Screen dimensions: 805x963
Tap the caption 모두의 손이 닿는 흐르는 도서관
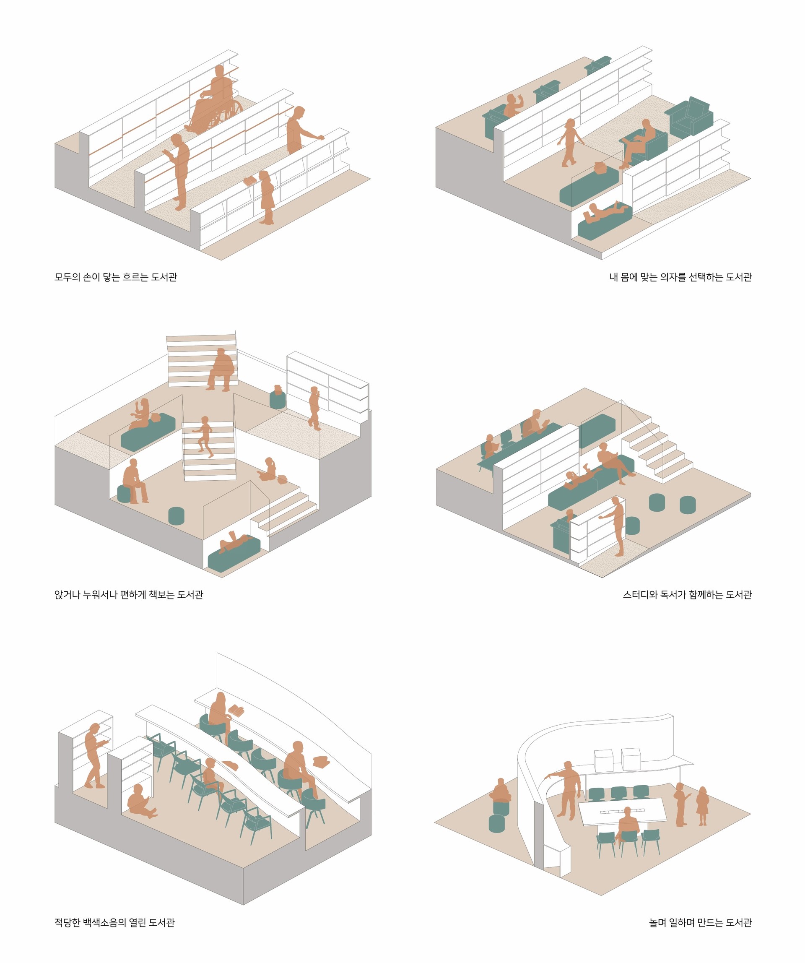(x=116, y=277)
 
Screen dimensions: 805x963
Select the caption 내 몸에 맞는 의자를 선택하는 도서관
(x=680, y=277)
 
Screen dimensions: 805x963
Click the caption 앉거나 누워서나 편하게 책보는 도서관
(x=129, y=595)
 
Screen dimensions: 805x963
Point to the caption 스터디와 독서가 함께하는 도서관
(x=687, y=595)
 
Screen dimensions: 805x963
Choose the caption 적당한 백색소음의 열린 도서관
(x=114, y=922)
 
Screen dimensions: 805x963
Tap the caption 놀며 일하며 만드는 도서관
(x=701, y=922)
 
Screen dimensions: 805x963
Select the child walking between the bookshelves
(x=570, y=143)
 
